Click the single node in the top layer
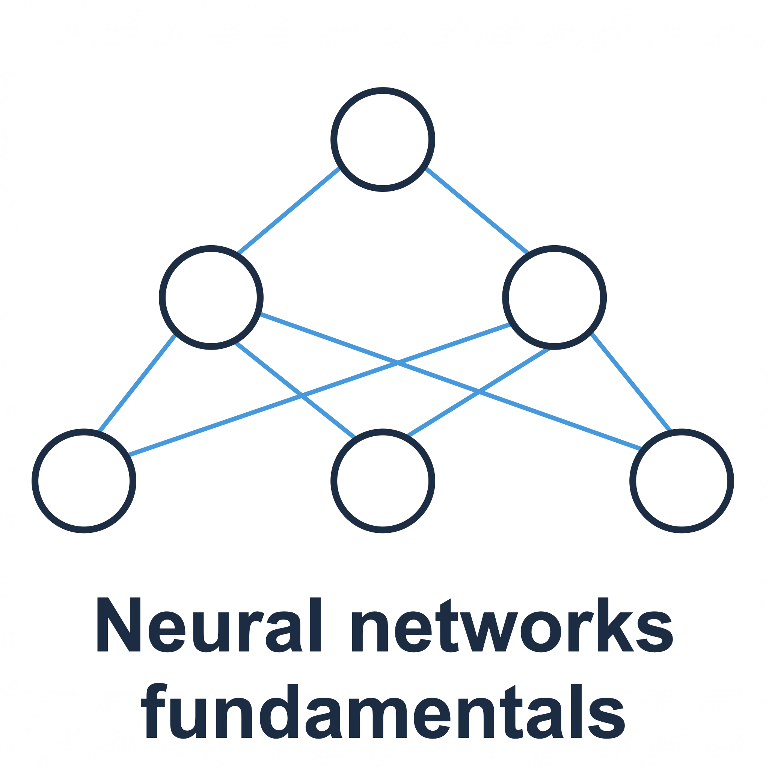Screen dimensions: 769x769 click(383, 139)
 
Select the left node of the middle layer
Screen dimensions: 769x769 click(211, 297)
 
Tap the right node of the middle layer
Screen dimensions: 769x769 click(554, 297)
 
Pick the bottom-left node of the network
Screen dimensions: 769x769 click(84, 481)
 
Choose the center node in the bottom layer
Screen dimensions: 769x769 click(383, 481)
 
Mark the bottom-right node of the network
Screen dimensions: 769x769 click(682, 481)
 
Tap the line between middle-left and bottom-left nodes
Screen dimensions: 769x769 click(137, 383)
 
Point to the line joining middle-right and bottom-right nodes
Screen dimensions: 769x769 click(631, 382)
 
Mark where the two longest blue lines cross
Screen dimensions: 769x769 click(397, 363)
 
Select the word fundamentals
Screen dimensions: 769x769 click(383, 712)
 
